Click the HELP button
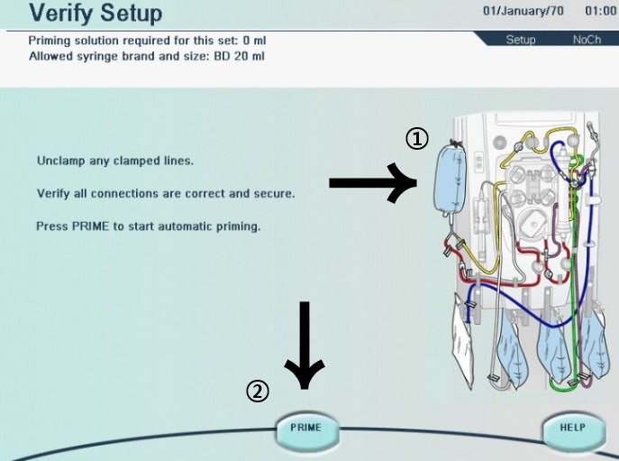point(572,428)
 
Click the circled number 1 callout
point(416,138)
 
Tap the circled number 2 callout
point(258,391)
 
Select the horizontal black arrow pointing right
point(372,183)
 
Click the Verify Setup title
point(96,14)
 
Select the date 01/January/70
point(523,12)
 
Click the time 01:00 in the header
point(600,12)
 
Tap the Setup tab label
point(520,40)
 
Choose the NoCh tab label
point(587,40)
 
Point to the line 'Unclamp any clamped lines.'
point(115,161)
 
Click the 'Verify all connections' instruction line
point(166,193)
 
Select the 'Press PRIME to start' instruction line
point(149,226)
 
